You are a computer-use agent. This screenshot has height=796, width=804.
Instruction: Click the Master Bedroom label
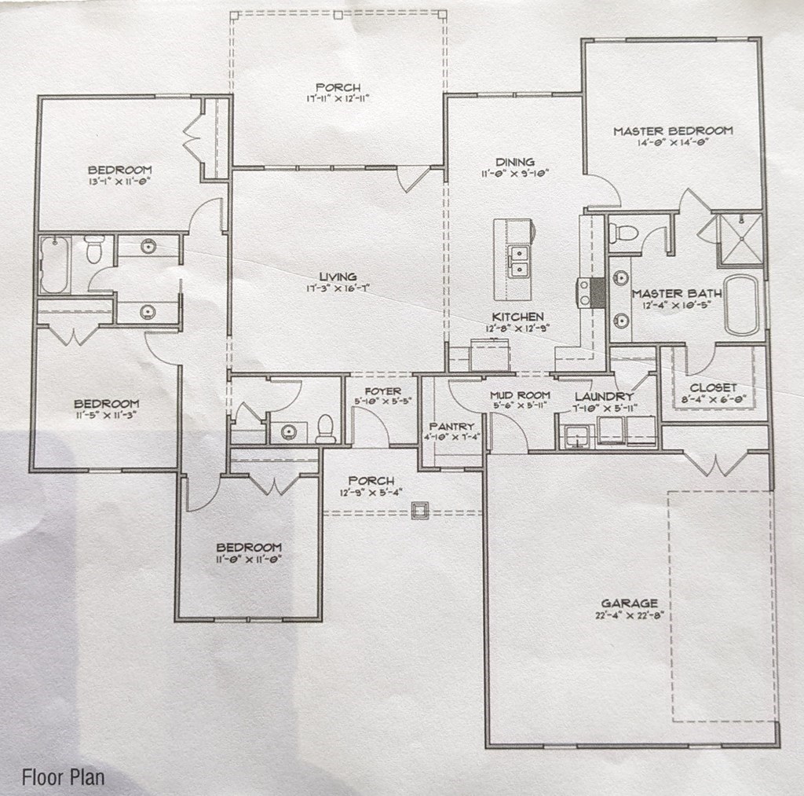point(673,130)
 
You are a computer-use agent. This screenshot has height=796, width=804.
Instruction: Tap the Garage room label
point(629,603)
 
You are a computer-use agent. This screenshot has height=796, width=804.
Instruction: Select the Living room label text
point(338,277)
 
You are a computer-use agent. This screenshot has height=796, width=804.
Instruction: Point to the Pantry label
point(451,426)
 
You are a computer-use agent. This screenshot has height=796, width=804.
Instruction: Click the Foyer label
point(383,391)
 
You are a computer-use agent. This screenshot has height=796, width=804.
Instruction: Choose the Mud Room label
point(519,394)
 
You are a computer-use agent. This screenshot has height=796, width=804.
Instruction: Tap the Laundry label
point(603,397)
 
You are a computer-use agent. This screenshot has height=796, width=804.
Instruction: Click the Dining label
point(515,162)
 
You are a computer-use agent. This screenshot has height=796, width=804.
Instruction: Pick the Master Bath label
point(677,294)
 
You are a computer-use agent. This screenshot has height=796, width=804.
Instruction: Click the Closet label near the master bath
point(713,387)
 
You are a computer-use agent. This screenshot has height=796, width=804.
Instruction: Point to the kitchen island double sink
point(518,261)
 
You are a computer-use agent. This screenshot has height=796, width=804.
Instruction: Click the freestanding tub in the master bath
point(741,305)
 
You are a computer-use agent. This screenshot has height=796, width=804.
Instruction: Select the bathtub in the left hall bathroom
point(55,265)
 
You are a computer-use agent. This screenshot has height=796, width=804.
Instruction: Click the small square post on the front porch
point(420,512)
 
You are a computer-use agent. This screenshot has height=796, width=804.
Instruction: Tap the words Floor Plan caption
point(63,778)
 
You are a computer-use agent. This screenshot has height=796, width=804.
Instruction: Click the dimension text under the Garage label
point(629,616)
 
